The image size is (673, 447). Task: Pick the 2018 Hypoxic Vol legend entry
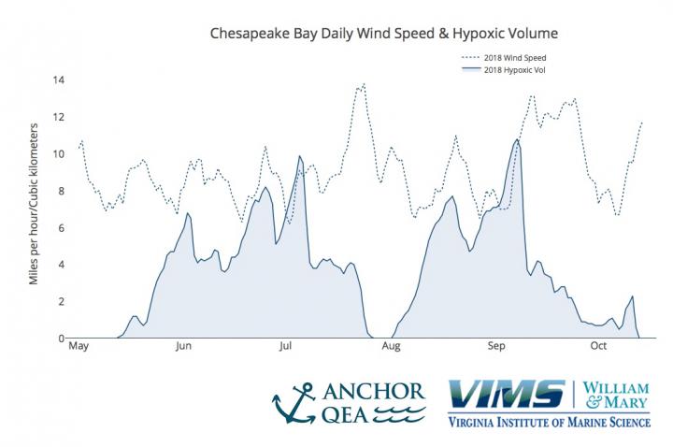[x=512, y=71]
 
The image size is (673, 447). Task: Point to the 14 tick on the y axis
[x=58, y=80]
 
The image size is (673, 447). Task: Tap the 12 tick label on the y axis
[x=58, y=117]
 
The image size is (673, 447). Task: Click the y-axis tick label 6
[x=61, y=228]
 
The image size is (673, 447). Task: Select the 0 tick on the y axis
[x=61, y=339]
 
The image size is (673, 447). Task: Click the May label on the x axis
[x=79, y=350]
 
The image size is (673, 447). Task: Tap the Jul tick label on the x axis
[x=286, y=350]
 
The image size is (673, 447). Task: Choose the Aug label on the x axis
[x=391, y=350]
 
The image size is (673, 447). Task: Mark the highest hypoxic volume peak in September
[x=517, y=139]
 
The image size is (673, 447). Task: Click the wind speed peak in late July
[x=362, y=84]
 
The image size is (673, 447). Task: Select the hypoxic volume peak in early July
[x=299, y=156]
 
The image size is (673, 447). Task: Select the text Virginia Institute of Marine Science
[x=549, y=422]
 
